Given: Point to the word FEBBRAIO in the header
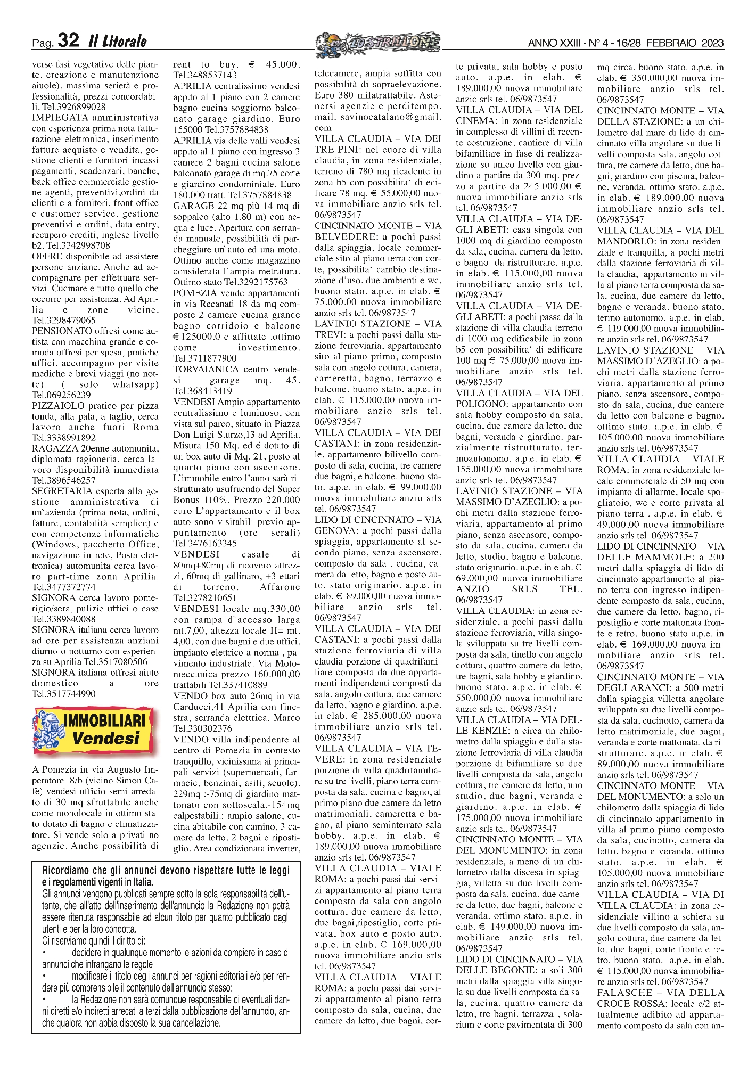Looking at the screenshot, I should click(665, 43).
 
